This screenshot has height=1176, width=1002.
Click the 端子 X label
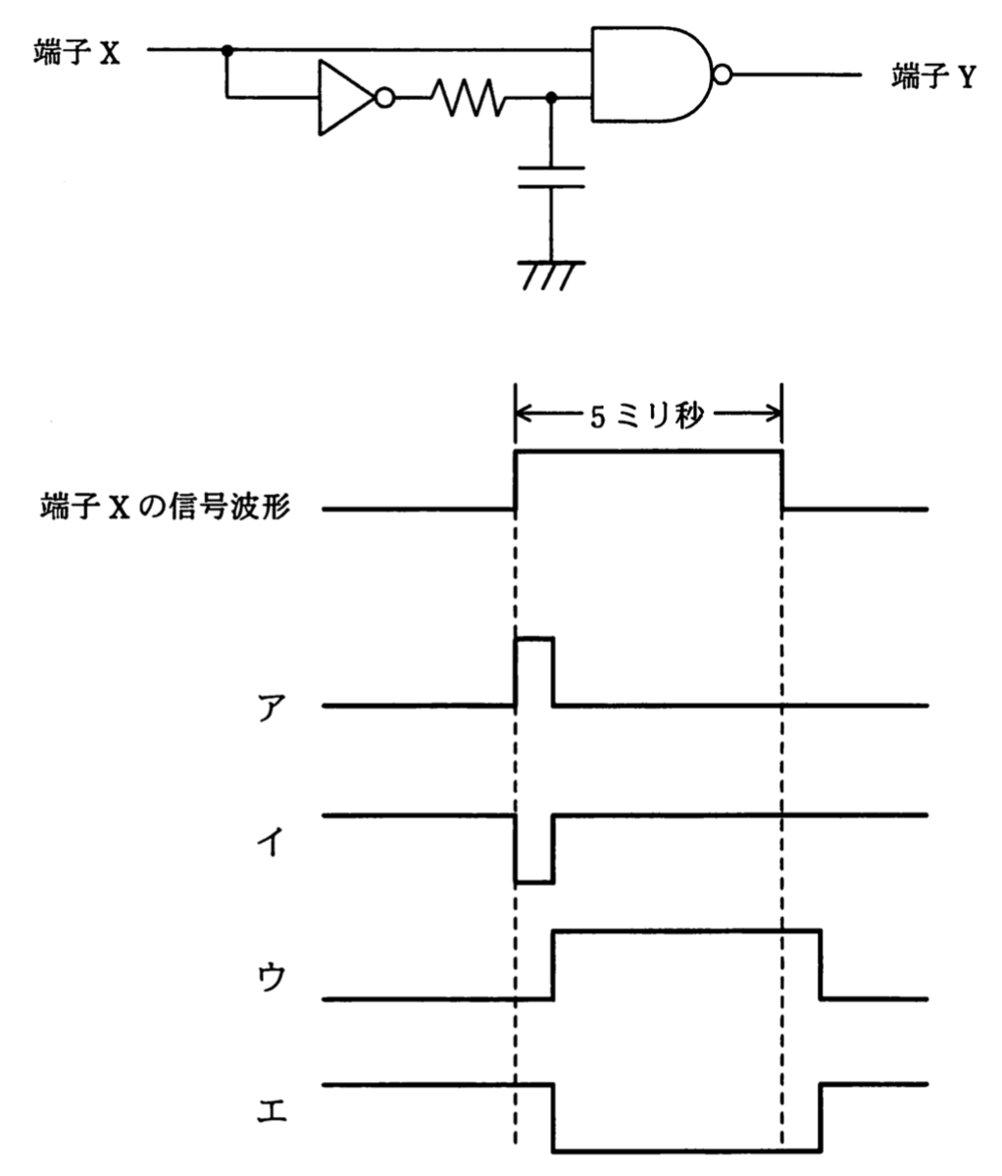coord(77,52)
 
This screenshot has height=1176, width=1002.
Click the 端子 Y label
coord(933,76)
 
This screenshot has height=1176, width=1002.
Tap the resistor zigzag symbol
coord(469,98)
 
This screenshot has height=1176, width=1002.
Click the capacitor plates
coord(551,177)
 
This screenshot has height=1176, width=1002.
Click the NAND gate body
coord(652,73)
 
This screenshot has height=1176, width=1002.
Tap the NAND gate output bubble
coord(723,74)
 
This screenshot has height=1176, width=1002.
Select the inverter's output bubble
coord(385,98)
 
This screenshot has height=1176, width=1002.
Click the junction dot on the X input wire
coord(227,51)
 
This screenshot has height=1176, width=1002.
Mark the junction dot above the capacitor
coord(551,98)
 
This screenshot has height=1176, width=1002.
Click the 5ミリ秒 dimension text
coord(647,417)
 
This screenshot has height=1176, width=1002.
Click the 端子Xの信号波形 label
coord(166,506)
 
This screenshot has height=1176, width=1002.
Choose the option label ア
coord(272,709)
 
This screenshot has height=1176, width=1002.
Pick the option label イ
coord(271,842)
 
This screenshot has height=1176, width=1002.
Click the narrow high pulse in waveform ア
coord(534,672)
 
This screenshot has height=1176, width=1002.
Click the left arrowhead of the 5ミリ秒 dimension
coord(523,414)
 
